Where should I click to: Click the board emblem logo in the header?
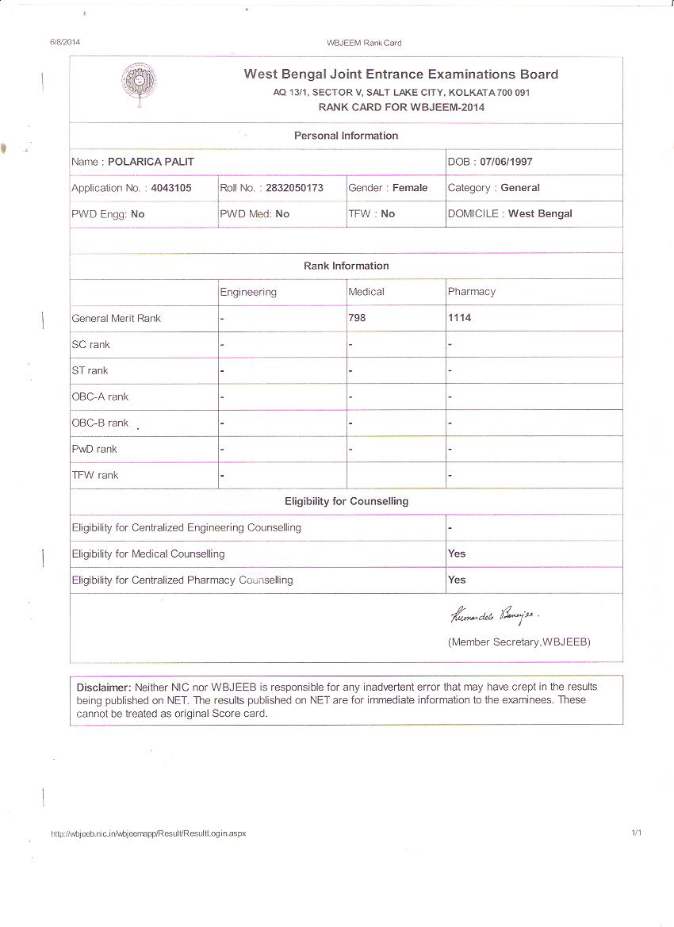pyautogui.click(x=138, y=82)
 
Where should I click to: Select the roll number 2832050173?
pyautogui.click(x=294, y=188)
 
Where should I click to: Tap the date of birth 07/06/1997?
pyautogui.click(x=506, y=162)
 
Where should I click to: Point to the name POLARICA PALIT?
pyautogui.click(x=151, y=162)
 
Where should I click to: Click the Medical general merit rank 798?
pyautogui.click(x=358, y=317)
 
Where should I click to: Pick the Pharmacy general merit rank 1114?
pyautogui.click(x=459, y=317)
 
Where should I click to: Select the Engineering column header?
pyautogui.click(x=248, y=292)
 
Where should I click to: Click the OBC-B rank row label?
pyautogui.click(x=100, y=423)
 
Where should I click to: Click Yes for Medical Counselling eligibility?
pyautogui.click(x=457, y=554)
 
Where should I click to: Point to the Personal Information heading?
pyautogui.click(x=346, y=136)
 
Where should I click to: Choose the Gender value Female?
pyautogui.click(x=410, y=188)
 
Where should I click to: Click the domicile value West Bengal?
pyautogui.click(x=540, y=213)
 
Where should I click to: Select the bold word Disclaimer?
pyautogui.click(x=103, y=687)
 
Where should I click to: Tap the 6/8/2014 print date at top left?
pyautogui.click(x=65, y=42)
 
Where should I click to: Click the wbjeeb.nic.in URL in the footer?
pyautogui.click(x=148, y=833)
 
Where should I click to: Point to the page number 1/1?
pyautogui.click(x=636, y=833)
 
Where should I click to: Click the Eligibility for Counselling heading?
pyautogui.click(x=347, y=501)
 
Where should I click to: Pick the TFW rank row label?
pyautogui.click(x=94, y=475)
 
